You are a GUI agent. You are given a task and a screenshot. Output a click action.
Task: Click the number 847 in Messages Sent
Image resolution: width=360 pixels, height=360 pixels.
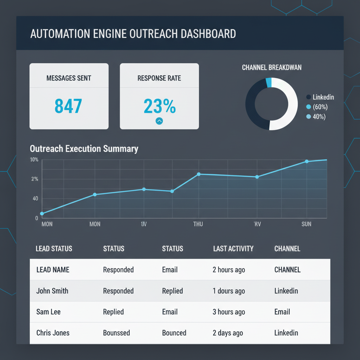69,106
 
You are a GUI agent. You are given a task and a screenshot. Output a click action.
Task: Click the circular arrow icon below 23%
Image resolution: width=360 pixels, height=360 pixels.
159,121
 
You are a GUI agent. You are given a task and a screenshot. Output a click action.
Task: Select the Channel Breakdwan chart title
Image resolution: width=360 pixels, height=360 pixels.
271,67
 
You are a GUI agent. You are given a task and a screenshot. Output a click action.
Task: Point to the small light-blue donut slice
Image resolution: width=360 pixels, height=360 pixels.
269,83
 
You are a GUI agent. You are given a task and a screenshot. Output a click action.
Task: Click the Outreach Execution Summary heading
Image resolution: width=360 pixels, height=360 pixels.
84,148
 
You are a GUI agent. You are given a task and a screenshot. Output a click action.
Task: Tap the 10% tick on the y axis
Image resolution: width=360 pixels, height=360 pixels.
34,160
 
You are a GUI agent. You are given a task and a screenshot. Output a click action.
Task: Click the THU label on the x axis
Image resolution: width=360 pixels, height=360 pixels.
198,224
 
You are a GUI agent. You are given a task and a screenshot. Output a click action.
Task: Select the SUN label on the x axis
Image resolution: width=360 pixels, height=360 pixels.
306,224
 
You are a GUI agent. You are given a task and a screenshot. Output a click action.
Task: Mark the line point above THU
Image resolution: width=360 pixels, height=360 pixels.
199,174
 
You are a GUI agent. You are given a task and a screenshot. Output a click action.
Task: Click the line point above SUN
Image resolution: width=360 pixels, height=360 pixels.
307,161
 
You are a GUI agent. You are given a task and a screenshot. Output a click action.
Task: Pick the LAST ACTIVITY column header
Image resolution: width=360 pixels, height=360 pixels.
233,249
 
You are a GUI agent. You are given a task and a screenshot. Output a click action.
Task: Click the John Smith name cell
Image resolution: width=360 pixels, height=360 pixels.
52,291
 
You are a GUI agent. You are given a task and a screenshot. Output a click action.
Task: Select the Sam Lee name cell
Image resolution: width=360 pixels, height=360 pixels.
49,312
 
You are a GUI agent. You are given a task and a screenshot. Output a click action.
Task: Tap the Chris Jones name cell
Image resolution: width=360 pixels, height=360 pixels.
53,333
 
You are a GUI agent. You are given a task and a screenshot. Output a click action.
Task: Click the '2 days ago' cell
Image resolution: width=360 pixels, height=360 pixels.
228,333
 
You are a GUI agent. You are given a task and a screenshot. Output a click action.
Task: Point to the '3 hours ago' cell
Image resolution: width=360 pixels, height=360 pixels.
229,312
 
